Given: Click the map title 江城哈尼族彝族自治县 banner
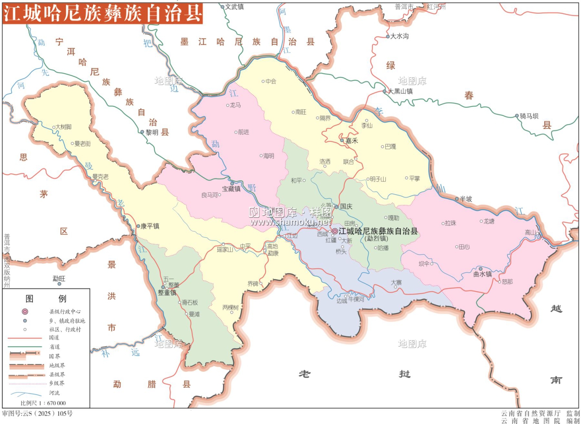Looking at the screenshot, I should pyautogui.click(x=103, y=13).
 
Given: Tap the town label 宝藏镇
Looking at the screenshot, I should pyautogui.click(x=231, y=189).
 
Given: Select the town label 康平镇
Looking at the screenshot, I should pyautogui.click(x=150, y=226).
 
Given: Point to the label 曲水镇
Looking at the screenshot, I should pyautogui.click(x=483, y=274).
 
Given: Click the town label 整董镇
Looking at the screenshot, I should pyautogui.click(x=167, y=293).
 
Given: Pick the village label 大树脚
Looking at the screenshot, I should pyautogui.click(x=64, y=127).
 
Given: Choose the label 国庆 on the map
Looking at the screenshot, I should pyautogui.click(x=346, y=206).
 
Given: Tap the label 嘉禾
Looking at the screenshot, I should pyautogui.click(x=352, y=141).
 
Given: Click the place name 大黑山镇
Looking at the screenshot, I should pyautogui.click(x=401, y=91).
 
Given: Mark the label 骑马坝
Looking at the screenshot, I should pyautogui.click(x=529, y=116).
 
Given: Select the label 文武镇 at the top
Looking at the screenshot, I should pyautogui.click(x=235, y=7).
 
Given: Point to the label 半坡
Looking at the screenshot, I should pyautogui.click(x=466, y=199).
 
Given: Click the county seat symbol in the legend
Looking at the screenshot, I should pyautogui.click(x=25, y=311).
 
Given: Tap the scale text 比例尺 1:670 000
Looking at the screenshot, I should pyautogui.click(x=43, y=403).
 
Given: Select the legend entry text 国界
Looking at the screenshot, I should pyautogui.click(x=55, y=356).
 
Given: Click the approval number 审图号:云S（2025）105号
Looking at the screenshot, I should pyautogui.click(x=38, y=414).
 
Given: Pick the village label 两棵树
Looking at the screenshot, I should pyautogui.click(x=230, y=307).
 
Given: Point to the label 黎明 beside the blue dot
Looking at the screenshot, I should pyautogui.click(x=152, y=132).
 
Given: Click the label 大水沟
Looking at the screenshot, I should pyautogui.click(x=399, y=36).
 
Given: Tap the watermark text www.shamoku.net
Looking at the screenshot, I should pyautogui.click(x=290, y=222).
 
